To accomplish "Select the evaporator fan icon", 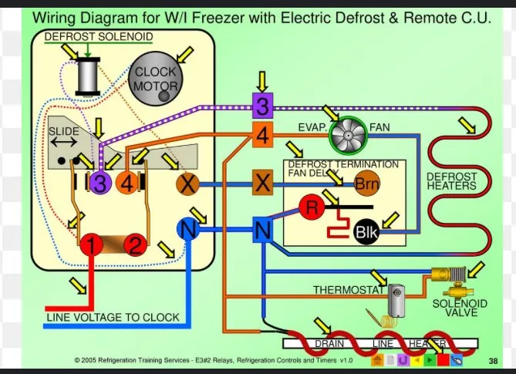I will [x=347, y=136].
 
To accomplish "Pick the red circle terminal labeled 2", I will [x=137, y=247].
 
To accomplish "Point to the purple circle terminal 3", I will [x=99, y=183].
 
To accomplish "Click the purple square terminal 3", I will [x=262, y=105].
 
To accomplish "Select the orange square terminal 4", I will [x=262, y=136].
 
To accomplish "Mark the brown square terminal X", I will [x=262, y=184].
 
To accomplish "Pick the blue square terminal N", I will [x=262, y=229].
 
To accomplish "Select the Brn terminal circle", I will [x=366, y=184].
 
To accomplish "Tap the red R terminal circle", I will [x=312, y=207].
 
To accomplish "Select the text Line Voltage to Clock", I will [x=113, y=317].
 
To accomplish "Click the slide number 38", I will [x=493, y=360].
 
